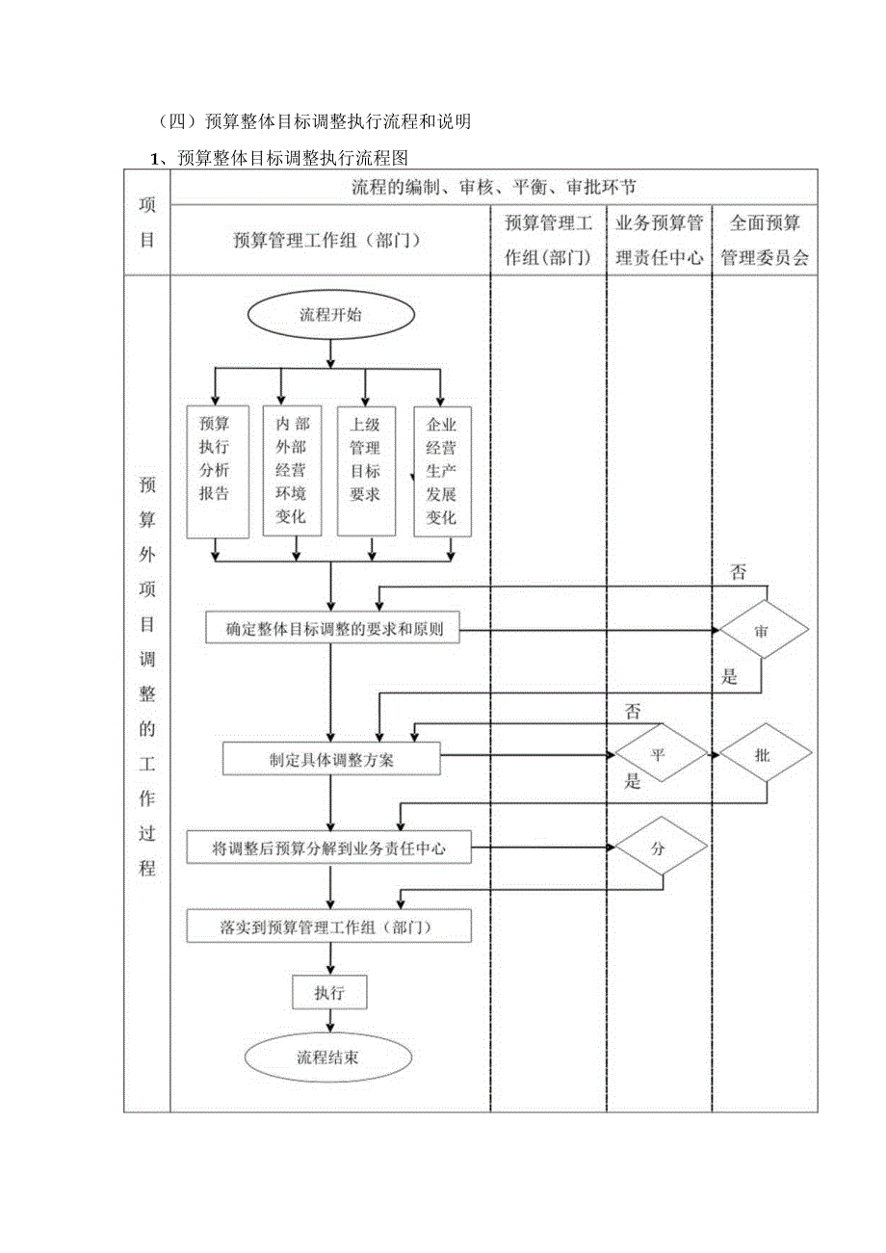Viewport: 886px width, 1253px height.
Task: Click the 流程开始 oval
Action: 331,315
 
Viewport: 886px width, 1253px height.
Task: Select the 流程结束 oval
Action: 328,1057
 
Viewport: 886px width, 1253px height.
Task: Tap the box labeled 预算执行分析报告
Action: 214,470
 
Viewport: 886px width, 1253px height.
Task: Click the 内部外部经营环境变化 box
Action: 290,470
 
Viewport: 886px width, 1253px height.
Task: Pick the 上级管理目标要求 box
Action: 365,470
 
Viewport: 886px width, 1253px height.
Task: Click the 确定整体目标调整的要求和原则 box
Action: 331,630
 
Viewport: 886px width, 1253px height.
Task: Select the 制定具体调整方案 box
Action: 331,758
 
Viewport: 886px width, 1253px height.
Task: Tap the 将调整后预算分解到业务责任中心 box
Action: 328,848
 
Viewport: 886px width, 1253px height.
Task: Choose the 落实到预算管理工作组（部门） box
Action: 328,927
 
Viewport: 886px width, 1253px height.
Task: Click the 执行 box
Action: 329,992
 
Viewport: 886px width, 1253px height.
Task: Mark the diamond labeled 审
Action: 762,630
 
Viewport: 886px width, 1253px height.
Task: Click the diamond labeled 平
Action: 660,754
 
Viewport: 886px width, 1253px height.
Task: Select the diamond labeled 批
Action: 764,754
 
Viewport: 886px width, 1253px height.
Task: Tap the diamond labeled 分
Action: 660,848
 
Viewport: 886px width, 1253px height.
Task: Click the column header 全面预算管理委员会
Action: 765,240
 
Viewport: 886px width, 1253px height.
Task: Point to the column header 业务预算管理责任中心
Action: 660,240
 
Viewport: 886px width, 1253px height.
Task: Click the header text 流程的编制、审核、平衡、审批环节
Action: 493,187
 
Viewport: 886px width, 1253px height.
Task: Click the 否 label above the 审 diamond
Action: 738,573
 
